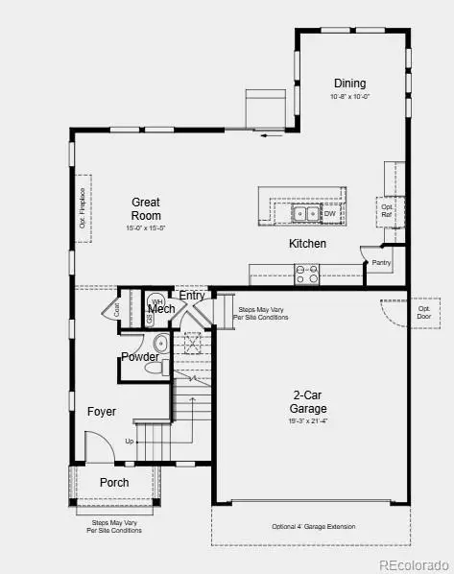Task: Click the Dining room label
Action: [x=349, y=84]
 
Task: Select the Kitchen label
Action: [x=307, y=244]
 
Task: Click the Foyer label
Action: [x=102, y=412]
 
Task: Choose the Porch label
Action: [x=114, y=482]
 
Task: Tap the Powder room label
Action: [x=139, y=357]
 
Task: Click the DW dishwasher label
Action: [x=329, y=214]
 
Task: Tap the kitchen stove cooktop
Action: [x=307, y=274]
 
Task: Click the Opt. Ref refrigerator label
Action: [x=388, y=212]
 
